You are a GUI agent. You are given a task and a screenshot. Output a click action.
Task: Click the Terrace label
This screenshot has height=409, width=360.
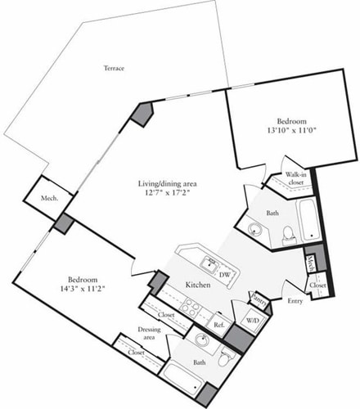pos(114,68)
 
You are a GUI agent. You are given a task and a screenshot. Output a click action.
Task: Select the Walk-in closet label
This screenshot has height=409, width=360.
pos(295,179)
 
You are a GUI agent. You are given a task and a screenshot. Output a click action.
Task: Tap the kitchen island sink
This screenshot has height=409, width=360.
pos(209,264)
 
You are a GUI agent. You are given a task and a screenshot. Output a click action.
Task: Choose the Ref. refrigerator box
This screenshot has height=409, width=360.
pos(218,322)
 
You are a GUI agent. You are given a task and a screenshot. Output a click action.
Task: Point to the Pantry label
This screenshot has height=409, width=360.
pos(260,299)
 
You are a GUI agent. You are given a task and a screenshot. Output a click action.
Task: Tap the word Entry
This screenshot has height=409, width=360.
pos(295,301)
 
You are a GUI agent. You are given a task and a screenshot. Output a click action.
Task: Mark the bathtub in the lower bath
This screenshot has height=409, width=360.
pos(182,378)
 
